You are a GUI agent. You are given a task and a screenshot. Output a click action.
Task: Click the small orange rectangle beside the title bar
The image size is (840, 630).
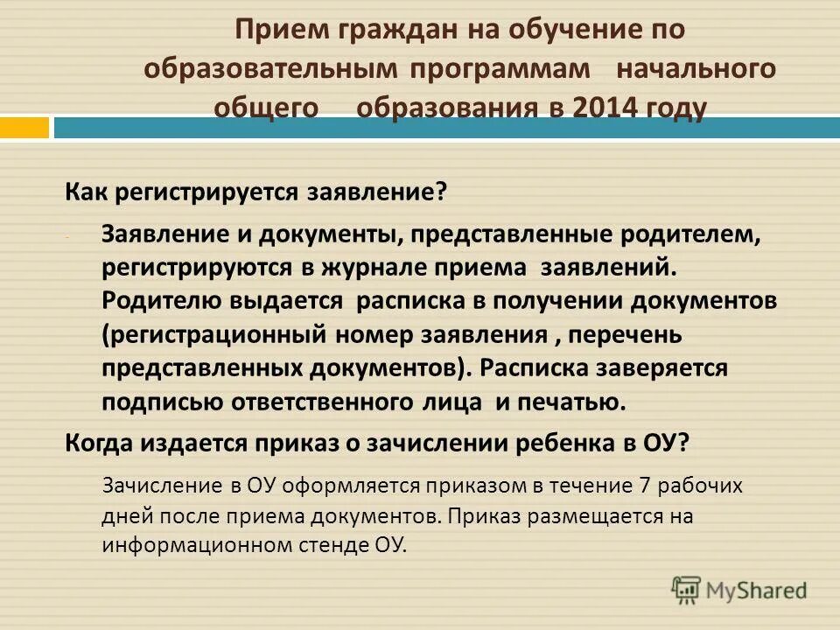point(24,128)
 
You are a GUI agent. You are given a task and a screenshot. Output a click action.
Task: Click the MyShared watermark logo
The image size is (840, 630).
point(739,590)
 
